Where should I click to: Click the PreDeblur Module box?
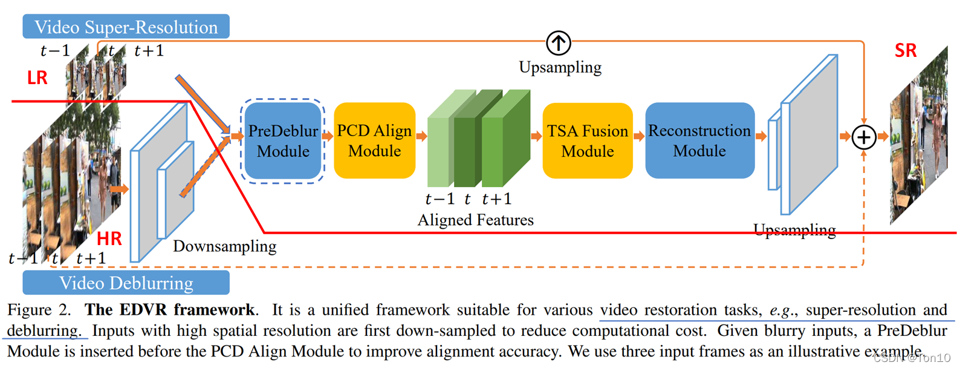pos(283,141)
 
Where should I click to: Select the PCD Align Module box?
pos(374,140)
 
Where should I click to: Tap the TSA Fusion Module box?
pos(587,140)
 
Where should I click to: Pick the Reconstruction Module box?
pos(699,140)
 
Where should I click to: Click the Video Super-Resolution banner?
pos(126,27)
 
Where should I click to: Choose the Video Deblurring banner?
pos(126,283)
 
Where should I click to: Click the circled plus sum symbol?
pos(864,137)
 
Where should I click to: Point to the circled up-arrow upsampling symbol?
pos(558,43)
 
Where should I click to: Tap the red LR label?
pos(37,77)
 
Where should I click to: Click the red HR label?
pos(109,238)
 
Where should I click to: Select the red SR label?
pos(906,51)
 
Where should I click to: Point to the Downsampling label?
pos(224,246)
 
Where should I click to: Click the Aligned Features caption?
pos(475,220)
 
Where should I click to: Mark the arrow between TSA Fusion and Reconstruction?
pos(638,137)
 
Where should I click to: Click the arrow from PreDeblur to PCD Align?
pos(328,137)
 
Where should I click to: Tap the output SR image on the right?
pos(918,136)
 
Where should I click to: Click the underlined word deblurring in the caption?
pos(43,331)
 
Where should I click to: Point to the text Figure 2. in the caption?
pos(38,310)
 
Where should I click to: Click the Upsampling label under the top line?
pos(560,67)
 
